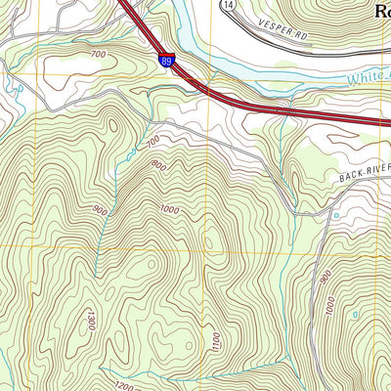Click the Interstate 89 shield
point(167,62)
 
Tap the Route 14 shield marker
point(228,6)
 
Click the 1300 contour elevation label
point(89,318)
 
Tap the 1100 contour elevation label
point(215,341)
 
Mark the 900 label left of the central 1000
point(100,210)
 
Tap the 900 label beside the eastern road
point(324,278)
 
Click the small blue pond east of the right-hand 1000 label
point(355,313)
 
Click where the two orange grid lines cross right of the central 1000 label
point(207,248)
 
